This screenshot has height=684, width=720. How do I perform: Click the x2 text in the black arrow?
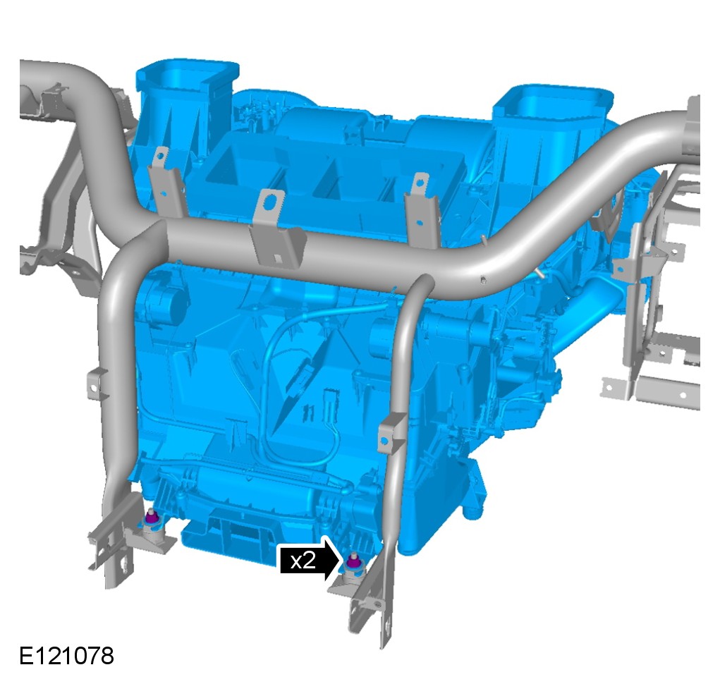coord(303,561)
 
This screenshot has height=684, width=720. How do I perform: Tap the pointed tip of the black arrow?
coord(341,560)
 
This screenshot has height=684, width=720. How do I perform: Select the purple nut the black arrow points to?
coord(353,561)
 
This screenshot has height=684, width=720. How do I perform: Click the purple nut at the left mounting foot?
coord(151,517)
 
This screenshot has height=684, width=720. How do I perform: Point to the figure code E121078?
coord(66,656)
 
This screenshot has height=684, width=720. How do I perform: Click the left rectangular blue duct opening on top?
coord(188,73)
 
